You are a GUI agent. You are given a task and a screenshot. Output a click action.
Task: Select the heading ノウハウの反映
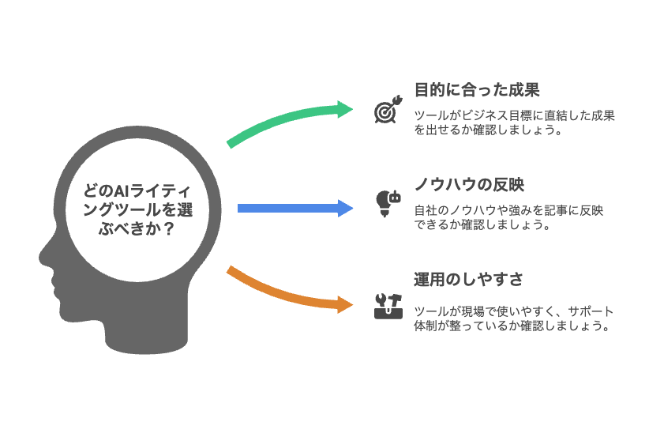point(469,185)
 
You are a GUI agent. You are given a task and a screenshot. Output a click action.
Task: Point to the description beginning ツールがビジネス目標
point(514,123)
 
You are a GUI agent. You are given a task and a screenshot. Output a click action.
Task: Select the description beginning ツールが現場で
point(513,318)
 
